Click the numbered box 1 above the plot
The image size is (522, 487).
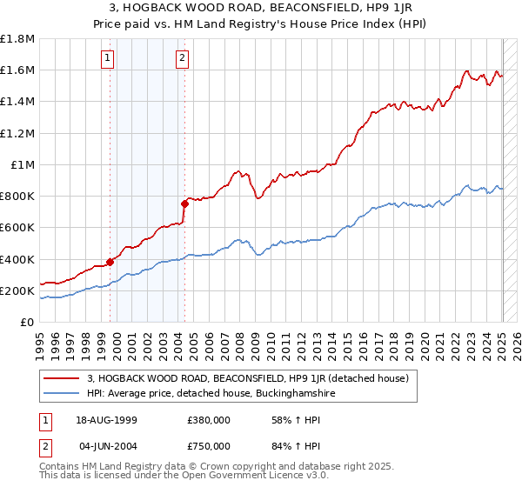point(107,58)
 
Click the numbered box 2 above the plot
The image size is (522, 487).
point(182,58)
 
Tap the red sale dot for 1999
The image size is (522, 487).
point(110,261)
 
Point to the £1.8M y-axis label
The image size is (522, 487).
point(17,39)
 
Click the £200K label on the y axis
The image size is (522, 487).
point(18,290)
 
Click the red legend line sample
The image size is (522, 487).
point(62,378)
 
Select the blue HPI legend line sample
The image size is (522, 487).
point(62,393)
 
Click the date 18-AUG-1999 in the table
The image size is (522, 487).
point(108,420)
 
